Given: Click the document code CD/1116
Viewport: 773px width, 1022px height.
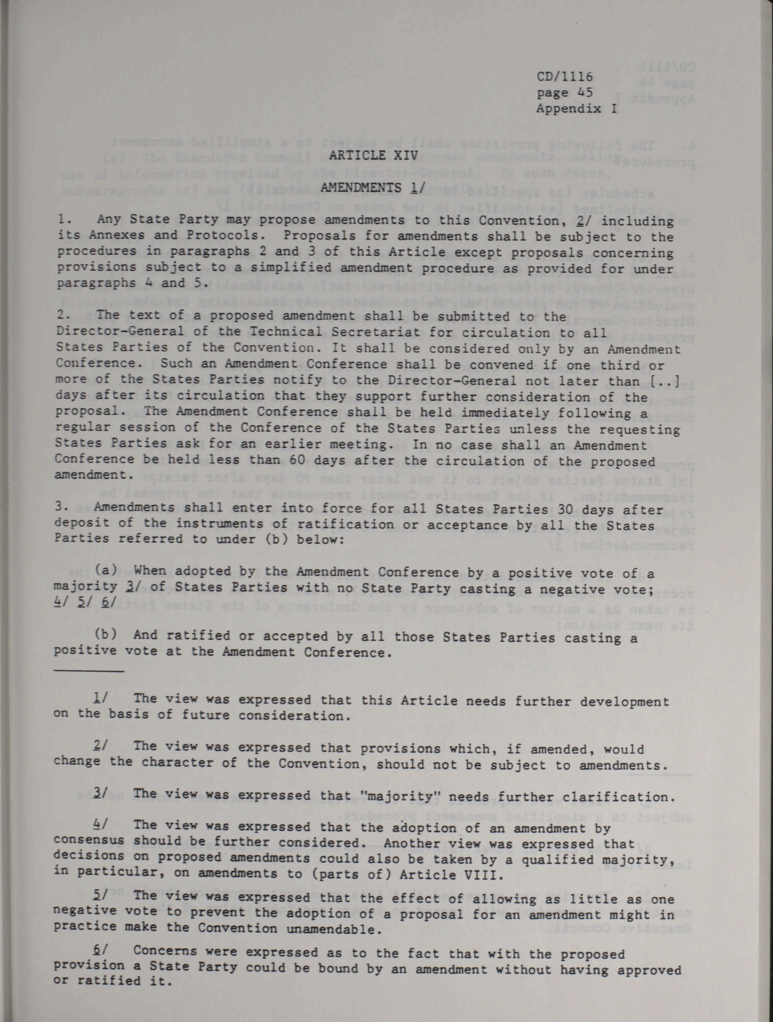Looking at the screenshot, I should [564, 76].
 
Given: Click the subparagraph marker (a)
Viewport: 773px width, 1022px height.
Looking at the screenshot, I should [106, 570].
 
